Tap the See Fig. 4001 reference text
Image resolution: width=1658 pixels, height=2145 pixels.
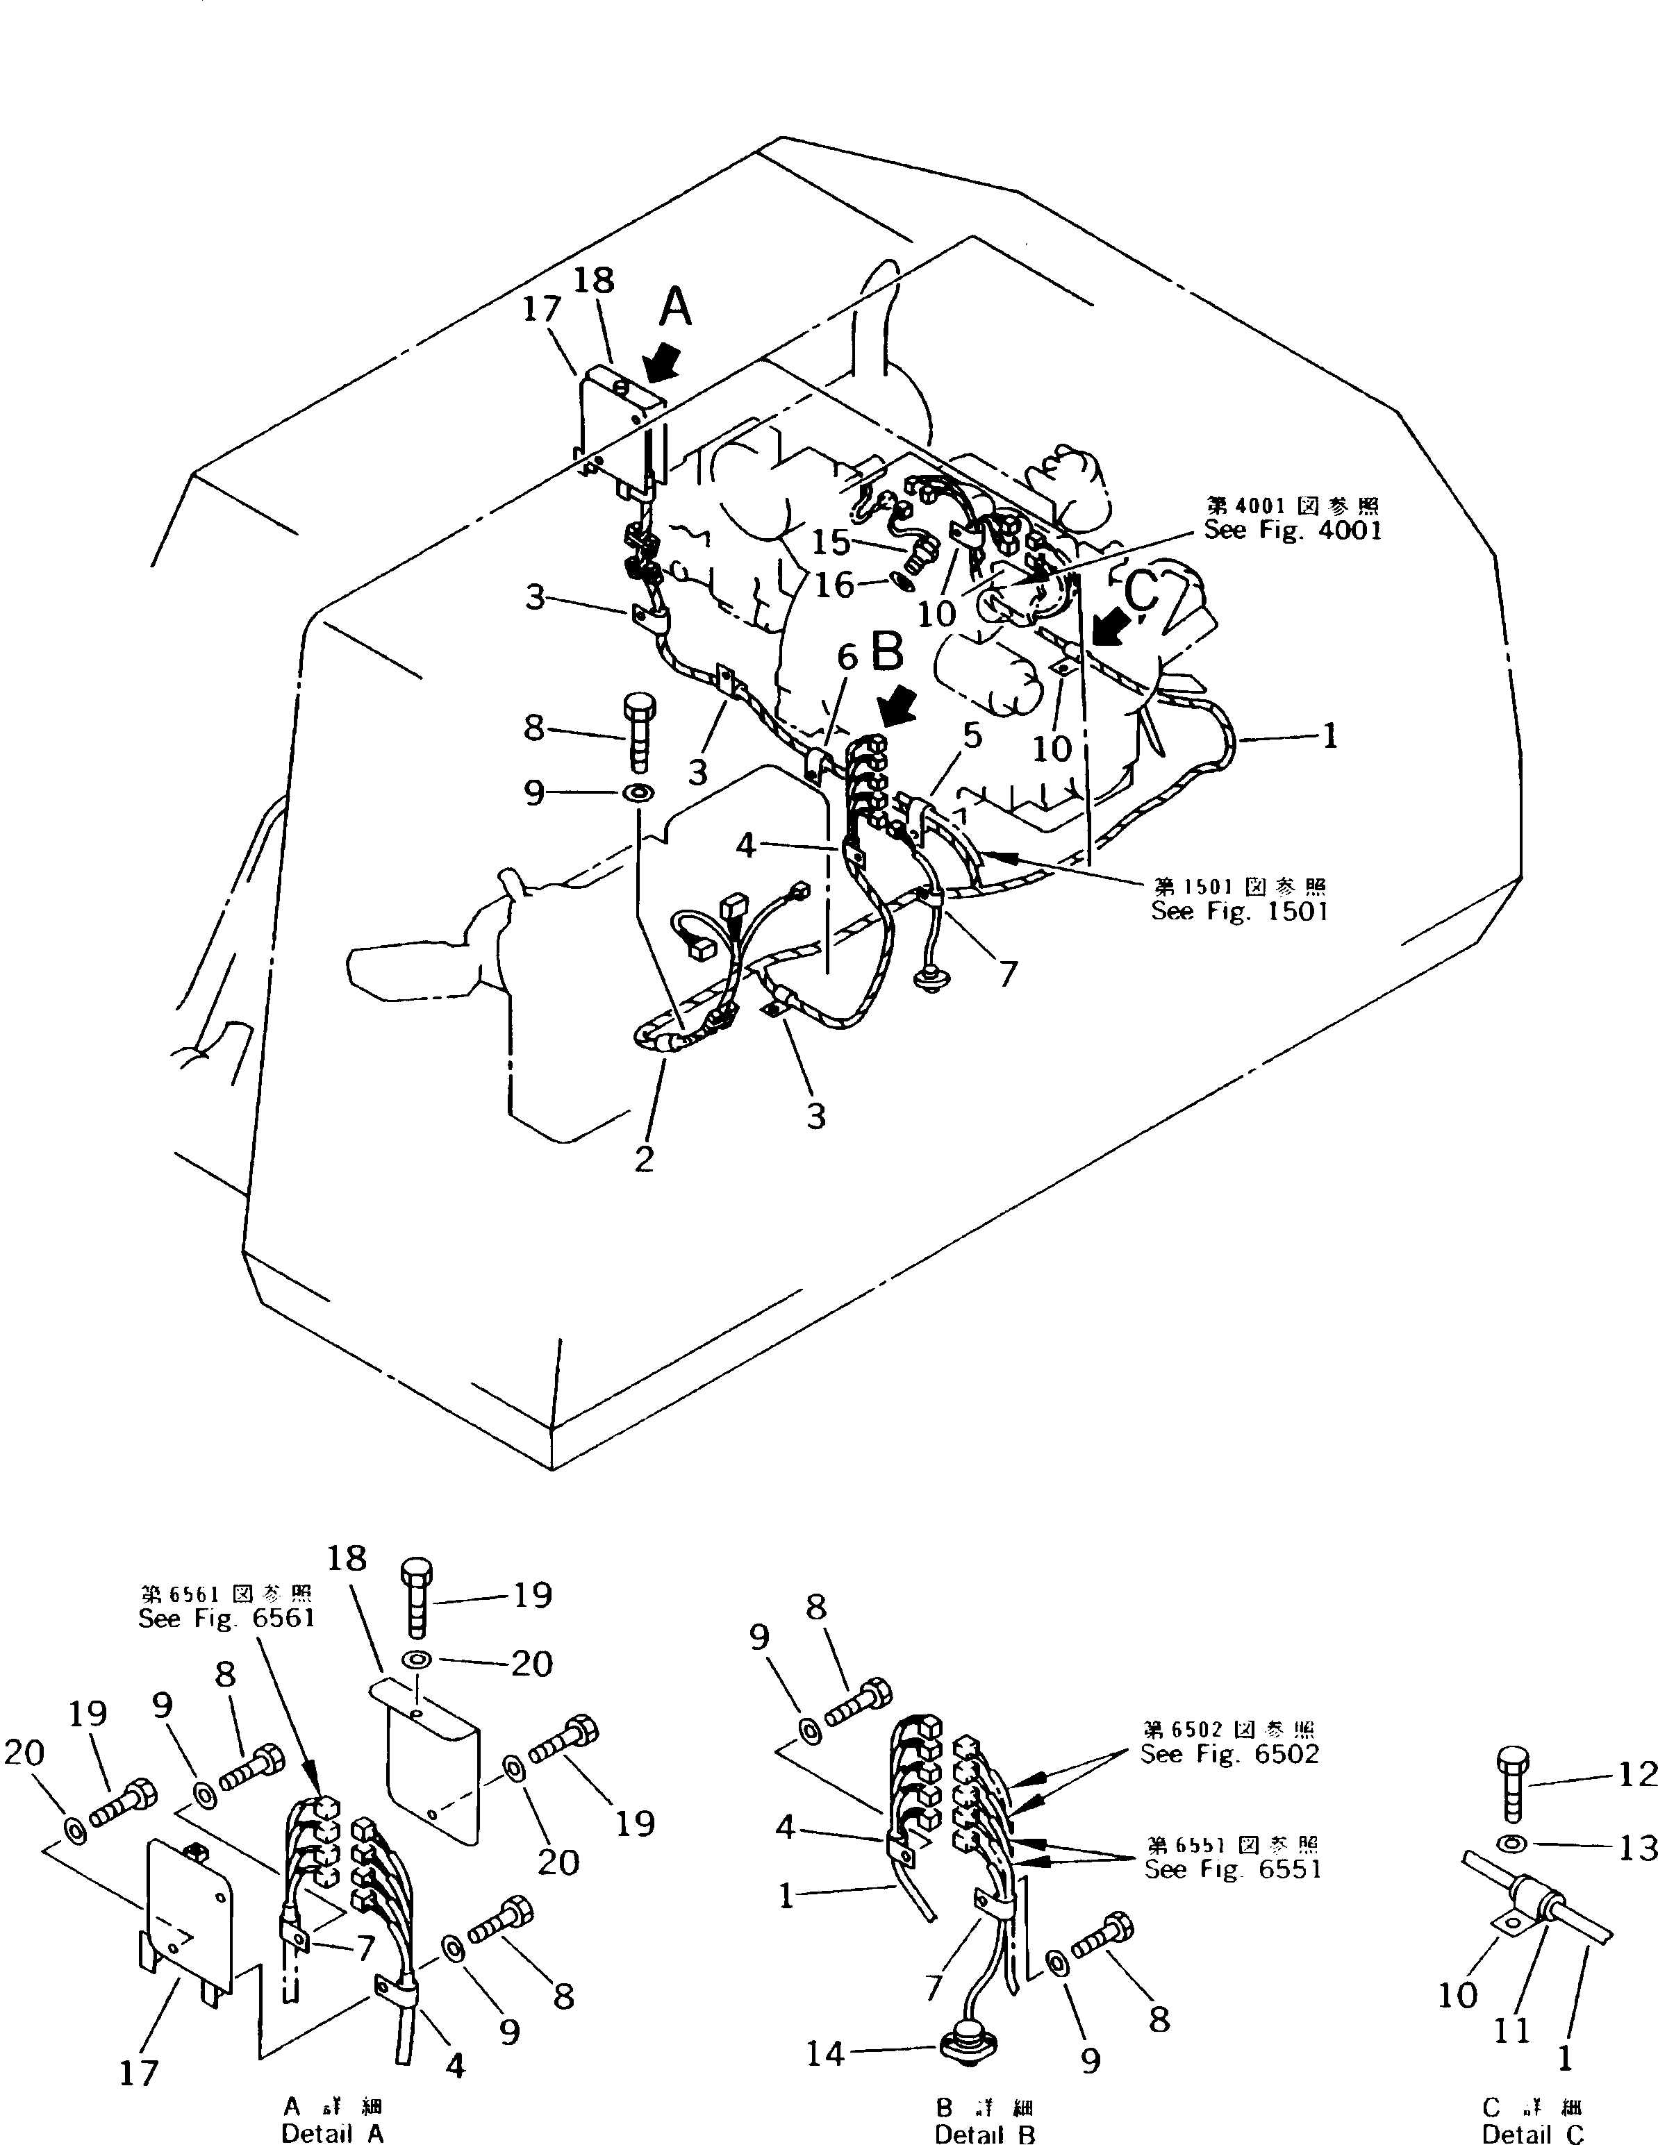[1293, 531]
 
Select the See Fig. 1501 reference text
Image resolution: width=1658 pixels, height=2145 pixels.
[1240, 910]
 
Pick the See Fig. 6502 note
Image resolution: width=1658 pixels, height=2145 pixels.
[1229, 1754]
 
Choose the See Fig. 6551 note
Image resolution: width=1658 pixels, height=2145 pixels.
[1233, 1869]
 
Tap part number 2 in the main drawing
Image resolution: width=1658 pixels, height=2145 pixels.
[643, 1159]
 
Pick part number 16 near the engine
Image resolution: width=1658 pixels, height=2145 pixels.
[836, 585]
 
